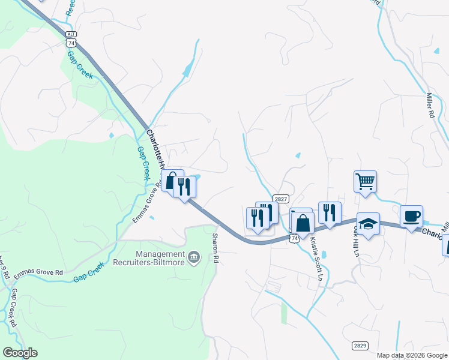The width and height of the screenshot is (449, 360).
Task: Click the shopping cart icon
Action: click(x=366, y=181)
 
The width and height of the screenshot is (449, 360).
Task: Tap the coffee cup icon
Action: click(x=411, y=216)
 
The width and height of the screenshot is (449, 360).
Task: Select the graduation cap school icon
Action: click(x=368, y=224)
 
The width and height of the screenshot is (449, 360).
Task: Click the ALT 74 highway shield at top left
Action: click(x=71, y=39)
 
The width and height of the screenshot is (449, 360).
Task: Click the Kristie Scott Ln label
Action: click(x=316, y=259)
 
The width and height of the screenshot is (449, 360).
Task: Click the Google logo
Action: click(x=20, y=353)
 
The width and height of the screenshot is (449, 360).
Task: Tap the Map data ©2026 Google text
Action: click(x=412, y=355)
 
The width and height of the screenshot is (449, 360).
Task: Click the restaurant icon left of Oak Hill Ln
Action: click(x=330, y=212)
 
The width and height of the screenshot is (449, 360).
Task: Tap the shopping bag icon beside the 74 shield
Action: click(x=304, y=223)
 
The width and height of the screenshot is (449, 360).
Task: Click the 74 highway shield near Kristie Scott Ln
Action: click(x=294, y=238)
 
